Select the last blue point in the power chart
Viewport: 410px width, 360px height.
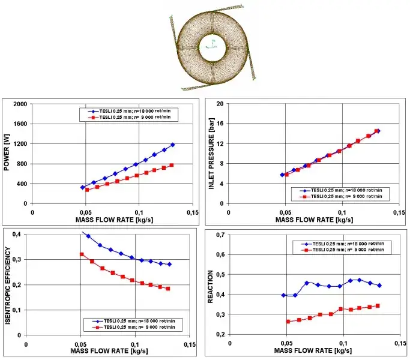[173, 145]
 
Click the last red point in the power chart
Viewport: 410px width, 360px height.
[172, 165]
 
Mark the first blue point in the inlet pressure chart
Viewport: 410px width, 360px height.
[282, 175]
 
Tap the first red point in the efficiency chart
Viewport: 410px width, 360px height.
[82, 254]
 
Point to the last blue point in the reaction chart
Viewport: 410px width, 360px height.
[379, 286]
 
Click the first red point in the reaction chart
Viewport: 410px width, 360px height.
[288, 322]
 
